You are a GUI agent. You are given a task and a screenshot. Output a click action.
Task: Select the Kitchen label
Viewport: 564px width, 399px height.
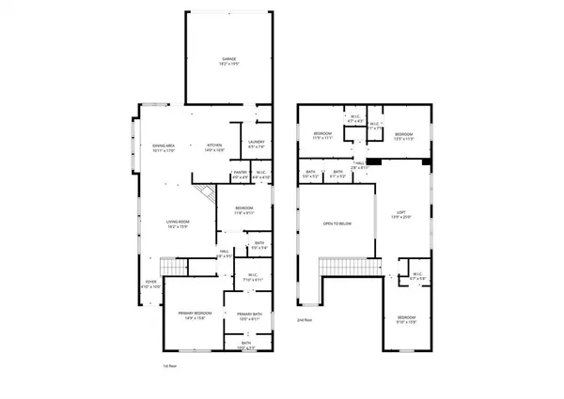pyautogui.click(x=214, y=148)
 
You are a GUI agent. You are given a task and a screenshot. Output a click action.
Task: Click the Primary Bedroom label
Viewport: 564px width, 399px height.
pyautogui.click(x=195, y=315)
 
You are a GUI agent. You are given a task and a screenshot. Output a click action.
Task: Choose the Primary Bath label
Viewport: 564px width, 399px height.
pyautogui.click(x=249, y=316)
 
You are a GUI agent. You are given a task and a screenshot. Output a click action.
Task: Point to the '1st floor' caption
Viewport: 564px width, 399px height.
pyautogui.click(x=165, y=365)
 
